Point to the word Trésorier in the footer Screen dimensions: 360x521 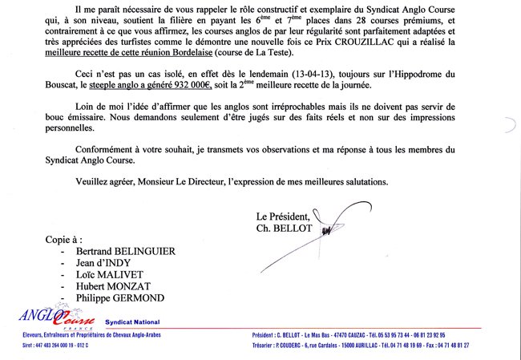tap(265, 345)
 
